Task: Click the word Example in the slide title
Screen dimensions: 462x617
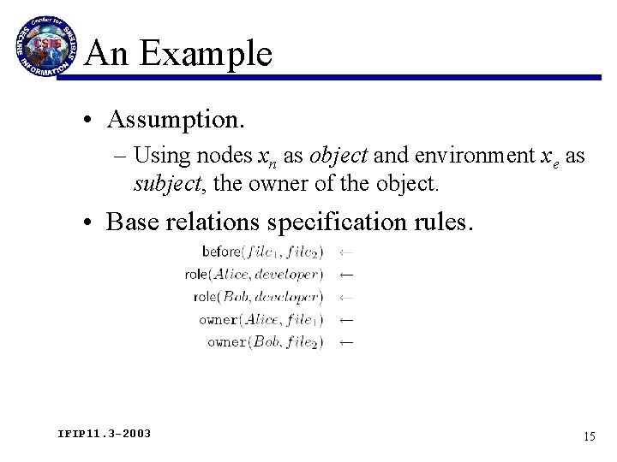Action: click(x=206, y=55)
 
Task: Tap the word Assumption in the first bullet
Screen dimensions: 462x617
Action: click(x=175, y=120)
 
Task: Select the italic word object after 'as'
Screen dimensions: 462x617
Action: click(x=338, y=157)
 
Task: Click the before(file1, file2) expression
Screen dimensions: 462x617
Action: click(x=262, y=252)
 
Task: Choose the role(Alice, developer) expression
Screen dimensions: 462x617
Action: click(x=254, y=275)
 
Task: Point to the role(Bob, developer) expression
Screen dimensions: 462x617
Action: click(x=258, y=297)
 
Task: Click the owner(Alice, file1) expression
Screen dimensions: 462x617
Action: click(x=261, y=320)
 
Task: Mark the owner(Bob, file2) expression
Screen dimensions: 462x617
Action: click(x=265, y=342)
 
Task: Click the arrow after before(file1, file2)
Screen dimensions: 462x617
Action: click(x=346, y=252)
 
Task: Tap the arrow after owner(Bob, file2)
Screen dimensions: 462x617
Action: click(x=346, y=342)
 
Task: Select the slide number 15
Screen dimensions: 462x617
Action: click(x=589, y=436)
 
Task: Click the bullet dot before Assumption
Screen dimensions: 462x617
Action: click(x=89, y=121)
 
